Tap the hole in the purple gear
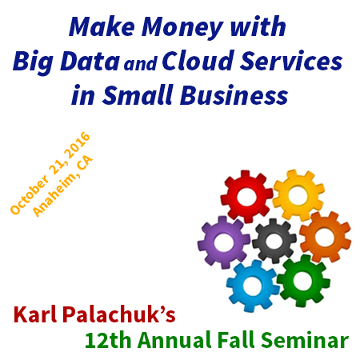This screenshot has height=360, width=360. (x=223, y=242)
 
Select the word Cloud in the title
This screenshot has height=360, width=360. (x=198, y=61)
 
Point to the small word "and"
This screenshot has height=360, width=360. (x=141, y=64)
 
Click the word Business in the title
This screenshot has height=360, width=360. (x=234, y=95)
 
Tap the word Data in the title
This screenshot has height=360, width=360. (x=90, y=61)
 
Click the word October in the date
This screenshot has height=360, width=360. (x=30, y=195)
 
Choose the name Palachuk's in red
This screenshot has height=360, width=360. (x=119, y=314)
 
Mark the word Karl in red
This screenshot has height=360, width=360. (x=35, y=314)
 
